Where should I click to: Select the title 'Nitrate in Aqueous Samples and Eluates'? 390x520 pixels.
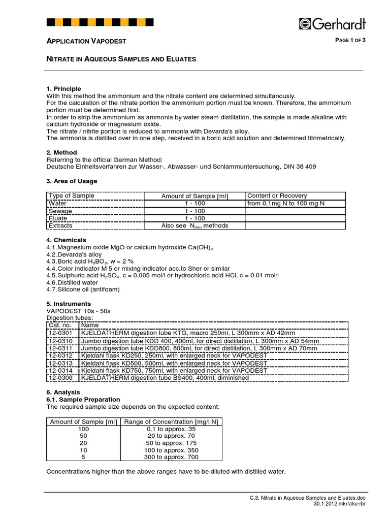point(121,59)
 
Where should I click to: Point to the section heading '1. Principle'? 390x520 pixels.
point(63,89)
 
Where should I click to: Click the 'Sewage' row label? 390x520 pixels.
point(60,211)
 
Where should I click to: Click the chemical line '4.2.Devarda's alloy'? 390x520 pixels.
point(74,254)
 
